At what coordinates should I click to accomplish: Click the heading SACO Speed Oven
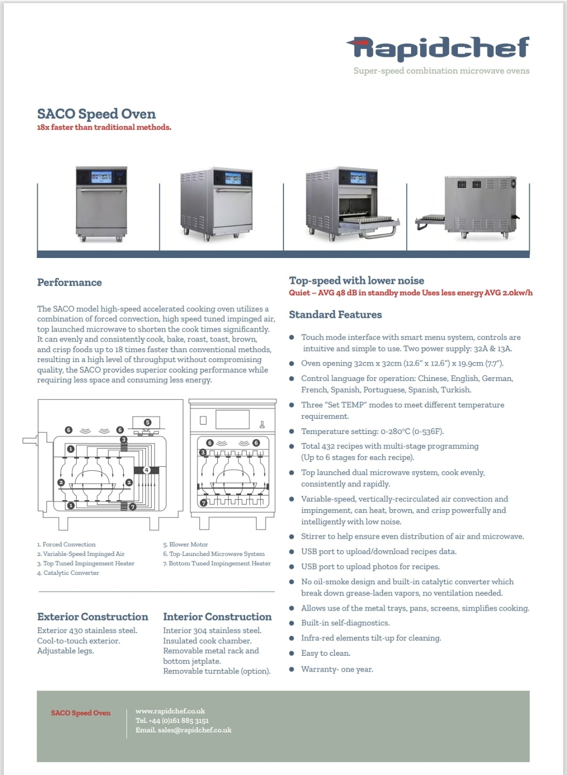(x=96, y=114)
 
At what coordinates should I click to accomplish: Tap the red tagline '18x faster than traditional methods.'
(x=104, y=127)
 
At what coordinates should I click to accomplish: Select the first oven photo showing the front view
(x=101, y=204)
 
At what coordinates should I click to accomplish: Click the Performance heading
(x=69, y=283)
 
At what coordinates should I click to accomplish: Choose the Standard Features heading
(x=335, y=315)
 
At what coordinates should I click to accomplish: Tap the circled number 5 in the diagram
(x=148, y=422)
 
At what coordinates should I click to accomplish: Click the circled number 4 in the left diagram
(x=147, y=470)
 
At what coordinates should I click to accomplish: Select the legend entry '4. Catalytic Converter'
(x=68, y=573)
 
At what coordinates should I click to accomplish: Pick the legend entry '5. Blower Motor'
(x=185, y=544)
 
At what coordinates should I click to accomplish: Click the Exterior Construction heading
(x=92, y=617)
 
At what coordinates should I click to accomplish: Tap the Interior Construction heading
(x=217, y=617)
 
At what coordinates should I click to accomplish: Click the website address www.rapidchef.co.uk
(x=170, y=711)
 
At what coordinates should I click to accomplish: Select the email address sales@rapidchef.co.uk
(x=194, y=730)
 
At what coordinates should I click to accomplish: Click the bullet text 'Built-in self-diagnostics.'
(x=345, y=623)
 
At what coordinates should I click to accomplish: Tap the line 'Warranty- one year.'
(x=337, y=669)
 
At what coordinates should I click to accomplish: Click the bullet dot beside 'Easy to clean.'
(x=291, y=654)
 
